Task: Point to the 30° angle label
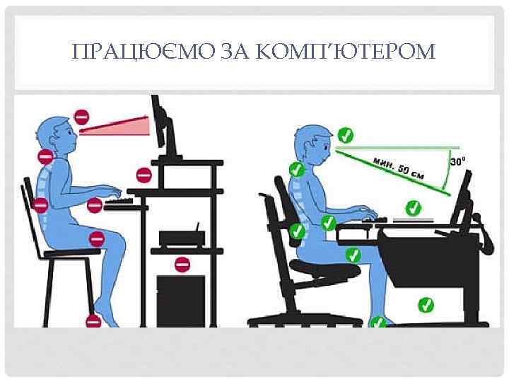click(x=457, y=161)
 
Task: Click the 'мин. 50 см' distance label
click(x=399, y=166)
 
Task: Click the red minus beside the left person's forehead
click(x=82, y=115)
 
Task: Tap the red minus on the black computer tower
click(x=182, y=265)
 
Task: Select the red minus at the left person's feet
click(x=92, y=320)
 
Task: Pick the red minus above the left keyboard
click(x=143, y=174)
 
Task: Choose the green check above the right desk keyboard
click(x=414, y=207)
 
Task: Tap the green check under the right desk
click(x=425, y=305)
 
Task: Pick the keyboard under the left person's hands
click(x=122, y=202)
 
